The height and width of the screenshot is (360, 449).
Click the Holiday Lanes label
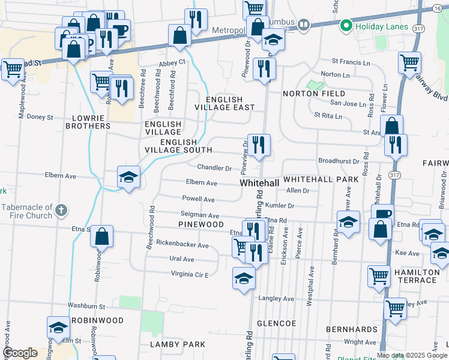pyautogui.click(x=382, y=26)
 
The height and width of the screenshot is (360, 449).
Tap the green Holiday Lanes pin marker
pyautogui.click(x=346, y=26)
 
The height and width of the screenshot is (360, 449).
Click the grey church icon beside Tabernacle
pyautogui.click(x=61, y=211)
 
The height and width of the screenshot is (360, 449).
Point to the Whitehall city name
pyautogui.click(x=259, y=182)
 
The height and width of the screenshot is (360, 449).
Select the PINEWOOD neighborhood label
pyautogui.click(x=200, y=224)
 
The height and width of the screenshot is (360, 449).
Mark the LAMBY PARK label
pyautogui.click(x=177, y=344)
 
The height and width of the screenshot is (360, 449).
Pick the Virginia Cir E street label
pyautogui.click(x=181, y=274)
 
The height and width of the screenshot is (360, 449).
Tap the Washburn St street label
pyautogui.click(x=86, y=306)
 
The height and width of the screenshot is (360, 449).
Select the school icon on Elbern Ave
pyautogui.click(x=128, y=176)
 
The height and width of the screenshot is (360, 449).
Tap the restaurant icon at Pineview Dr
pyautogui.click(x=259, y=145)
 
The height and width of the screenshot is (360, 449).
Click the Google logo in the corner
pyautogui.click(x=20, y=353)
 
